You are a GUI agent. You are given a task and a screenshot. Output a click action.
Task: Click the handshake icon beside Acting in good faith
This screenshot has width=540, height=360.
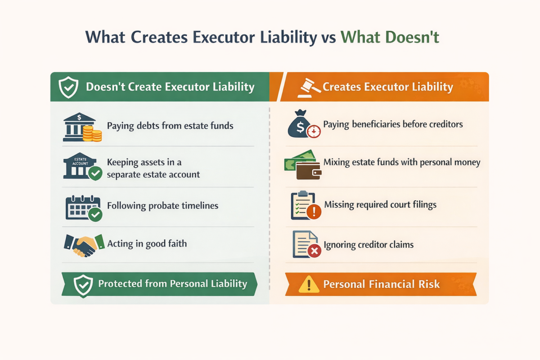tap(81, 245)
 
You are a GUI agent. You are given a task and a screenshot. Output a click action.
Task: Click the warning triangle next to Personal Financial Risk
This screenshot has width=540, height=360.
tap(308, 284)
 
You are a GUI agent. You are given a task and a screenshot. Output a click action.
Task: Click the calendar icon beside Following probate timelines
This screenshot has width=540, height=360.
tap(81, 207)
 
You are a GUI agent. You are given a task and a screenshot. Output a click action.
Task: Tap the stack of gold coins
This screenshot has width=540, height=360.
tap(92, 133)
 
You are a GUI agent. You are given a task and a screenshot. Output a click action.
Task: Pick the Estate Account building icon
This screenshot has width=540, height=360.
tap(79, 166)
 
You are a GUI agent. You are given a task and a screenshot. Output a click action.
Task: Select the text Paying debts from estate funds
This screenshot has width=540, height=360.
tap(170, 126)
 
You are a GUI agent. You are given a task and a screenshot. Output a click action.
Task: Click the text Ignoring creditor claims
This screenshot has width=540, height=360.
tap(369, 245)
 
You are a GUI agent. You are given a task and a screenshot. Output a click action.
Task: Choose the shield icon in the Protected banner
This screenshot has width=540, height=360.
tap(83, 284)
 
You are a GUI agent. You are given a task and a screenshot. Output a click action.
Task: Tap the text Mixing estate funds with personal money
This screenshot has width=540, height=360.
tap(402, 162)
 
